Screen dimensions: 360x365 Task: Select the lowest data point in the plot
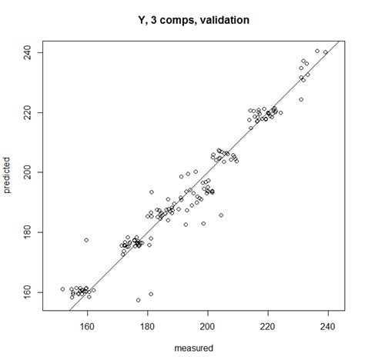pyautogui.click(x=139, y=300)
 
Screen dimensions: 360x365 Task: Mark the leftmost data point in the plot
pyautogui.click(x=62, y=289)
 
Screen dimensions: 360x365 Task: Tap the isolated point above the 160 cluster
pyautogui.click(x=86, y=240)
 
